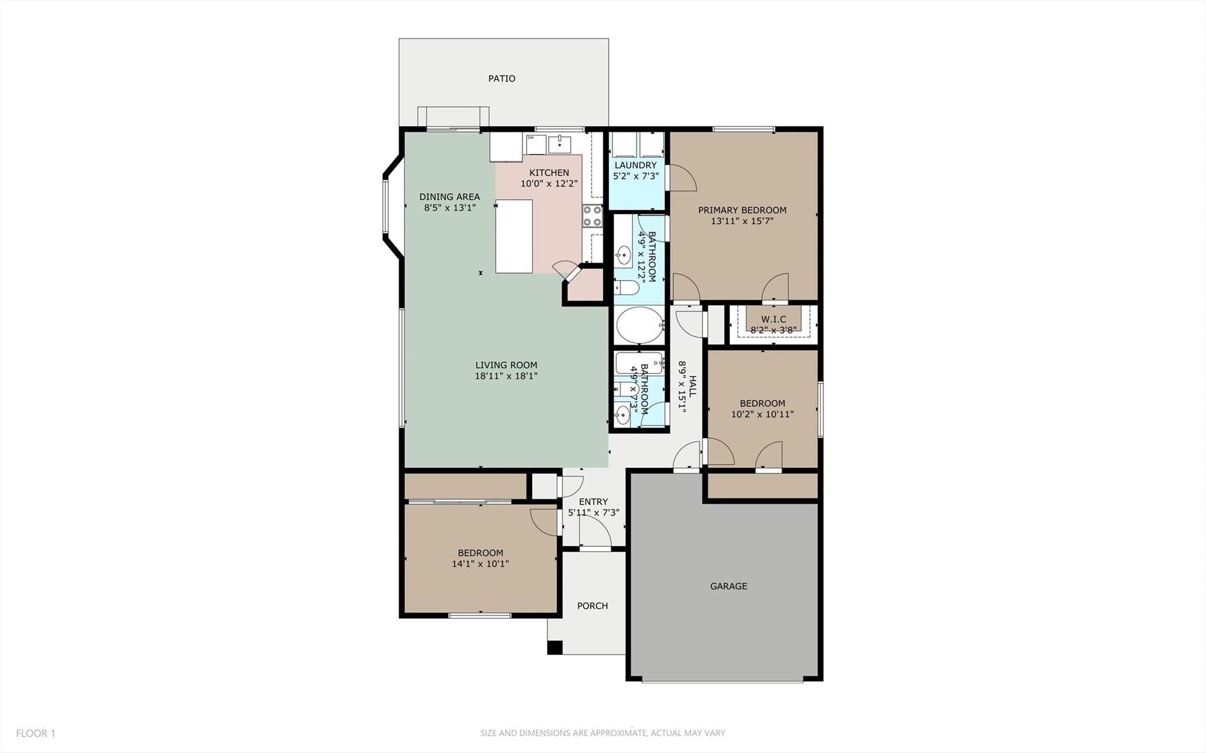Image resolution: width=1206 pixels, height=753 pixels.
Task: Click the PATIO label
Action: pos(501,78)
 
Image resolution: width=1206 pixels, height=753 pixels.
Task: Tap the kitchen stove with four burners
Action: pos(592,216)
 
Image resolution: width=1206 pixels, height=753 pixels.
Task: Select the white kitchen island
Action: pos(514,236)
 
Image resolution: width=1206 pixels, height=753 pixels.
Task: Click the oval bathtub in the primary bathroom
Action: pos(639,325)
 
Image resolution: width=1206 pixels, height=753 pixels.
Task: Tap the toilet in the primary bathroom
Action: pos(627,288)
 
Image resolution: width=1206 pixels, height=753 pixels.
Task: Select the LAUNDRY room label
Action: pos(635,166)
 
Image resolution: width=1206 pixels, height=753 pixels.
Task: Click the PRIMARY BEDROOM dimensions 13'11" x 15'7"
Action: pos(742,222)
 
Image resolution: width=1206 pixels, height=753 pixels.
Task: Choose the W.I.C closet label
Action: pos(773,319)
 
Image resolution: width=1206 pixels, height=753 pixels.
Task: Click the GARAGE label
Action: pos(728,586)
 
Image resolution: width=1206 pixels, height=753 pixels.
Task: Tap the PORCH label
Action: pos(592,606)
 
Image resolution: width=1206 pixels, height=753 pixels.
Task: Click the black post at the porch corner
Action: pos(554,647)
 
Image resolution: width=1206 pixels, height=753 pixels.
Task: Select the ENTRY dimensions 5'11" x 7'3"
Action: pos(593,513)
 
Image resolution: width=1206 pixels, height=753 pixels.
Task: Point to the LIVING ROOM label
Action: pos(506,365)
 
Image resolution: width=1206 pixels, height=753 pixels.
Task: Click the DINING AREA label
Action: pos(450,197)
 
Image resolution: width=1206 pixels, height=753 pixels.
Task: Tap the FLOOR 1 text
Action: pos(35,734)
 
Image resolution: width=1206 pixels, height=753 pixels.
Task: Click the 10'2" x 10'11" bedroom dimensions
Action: pos(762,414)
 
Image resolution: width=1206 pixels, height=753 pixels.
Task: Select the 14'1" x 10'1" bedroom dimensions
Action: pos(480,564)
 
